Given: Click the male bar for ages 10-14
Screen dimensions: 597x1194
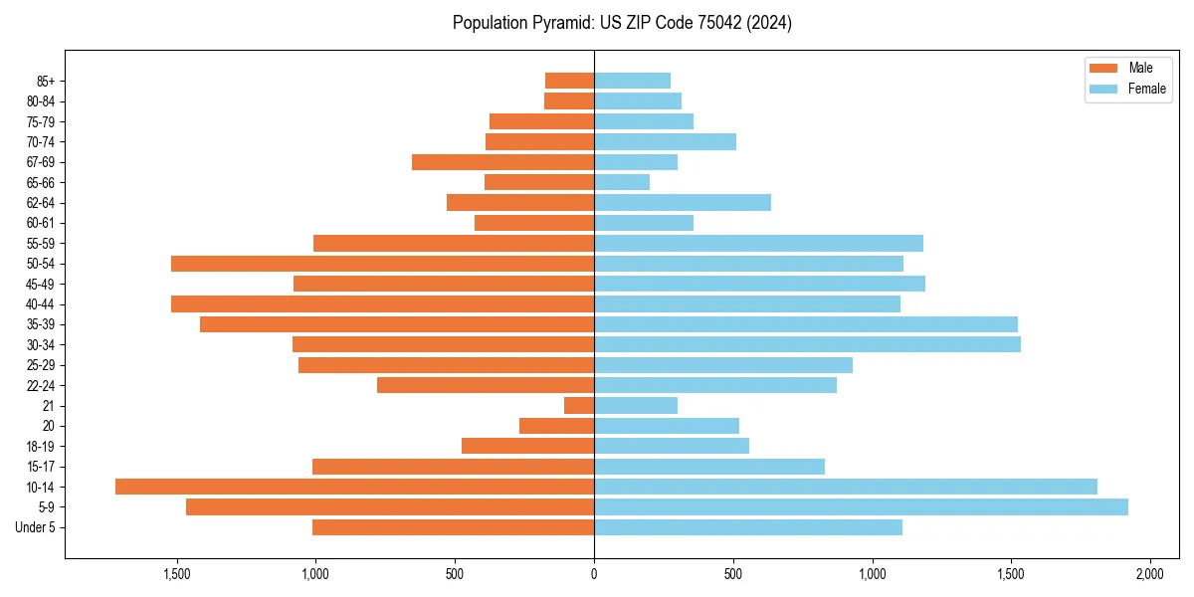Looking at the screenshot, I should pos(354,487).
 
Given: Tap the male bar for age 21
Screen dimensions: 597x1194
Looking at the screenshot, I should pos(579,405).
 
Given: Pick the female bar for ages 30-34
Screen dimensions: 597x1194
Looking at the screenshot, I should pos(807,344).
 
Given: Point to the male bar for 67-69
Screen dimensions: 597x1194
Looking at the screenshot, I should pos(502,162).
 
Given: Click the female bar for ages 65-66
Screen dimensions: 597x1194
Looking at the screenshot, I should pos(622,182).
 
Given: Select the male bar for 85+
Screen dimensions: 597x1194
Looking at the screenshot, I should pos(569,81).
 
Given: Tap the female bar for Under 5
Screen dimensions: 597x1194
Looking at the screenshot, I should pos(748,527).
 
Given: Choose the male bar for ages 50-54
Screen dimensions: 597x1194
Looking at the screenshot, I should pos(382,264).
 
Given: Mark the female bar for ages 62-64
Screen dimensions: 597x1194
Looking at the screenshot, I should pos(683,203).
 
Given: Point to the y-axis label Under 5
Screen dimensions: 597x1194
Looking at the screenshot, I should pos(36,527).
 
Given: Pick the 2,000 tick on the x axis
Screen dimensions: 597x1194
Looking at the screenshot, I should pos(1150,575).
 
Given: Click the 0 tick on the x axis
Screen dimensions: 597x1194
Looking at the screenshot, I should pos(594,575).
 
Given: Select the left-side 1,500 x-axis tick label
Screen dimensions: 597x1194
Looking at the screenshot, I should pos(176,575).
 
